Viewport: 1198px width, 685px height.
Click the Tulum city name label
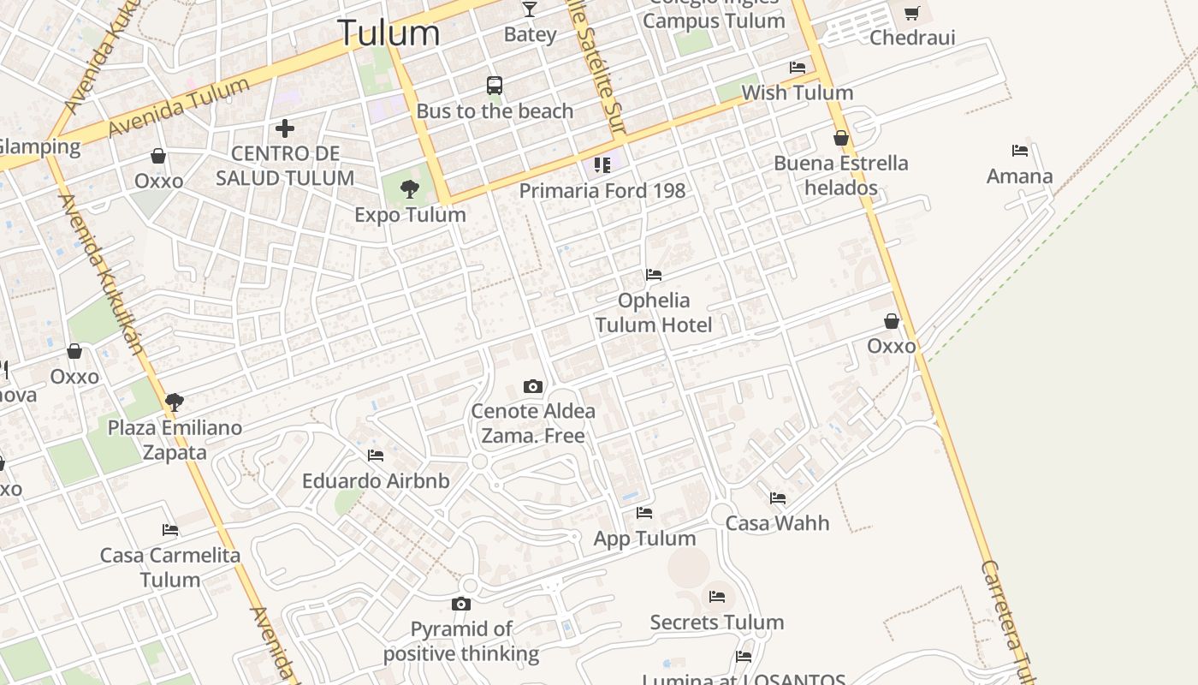pos(389,33)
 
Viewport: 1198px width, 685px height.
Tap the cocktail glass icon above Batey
pos(530,9)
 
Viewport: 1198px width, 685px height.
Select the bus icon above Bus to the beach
pos(495,86)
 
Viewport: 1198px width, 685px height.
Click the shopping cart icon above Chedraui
pos(912,13)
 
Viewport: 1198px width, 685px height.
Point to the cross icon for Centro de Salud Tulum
pos(285,128)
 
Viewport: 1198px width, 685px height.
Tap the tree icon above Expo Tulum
pos(410,189)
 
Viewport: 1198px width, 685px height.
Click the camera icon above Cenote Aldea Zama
pos(533,386)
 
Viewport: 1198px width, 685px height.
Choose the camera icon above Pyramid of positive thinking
pos(461,604)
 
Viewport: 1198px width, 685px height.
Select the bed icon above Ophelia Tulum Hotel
pos(654,275)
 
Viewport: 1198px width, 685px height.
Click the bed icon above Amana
pos(1019,151)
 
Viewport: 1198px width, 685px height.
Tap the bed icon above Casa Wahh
pos(777,497)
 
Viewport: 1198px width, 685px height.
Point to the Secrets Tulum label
pos(716,622)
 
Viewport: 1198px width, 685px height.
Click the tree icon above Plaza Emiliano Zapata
pos(175,402)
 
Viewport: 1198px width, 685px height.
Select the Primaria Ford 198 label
pos(602,190)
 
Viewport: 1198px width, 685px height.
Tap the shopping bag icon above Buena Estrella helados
pos(841,138)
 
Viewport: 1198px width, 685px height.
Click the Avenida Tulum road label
pos(180,107)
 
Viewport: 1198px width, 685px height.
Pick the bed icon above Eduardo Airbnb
pos(375,456)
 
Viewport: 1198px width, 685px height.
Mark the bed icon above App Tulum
pos(644,513)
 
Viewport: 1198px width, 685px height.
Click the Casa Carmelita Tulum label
pos(170,567)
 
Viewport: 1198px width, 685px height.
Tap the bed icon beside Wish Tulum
pos(798,67)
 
